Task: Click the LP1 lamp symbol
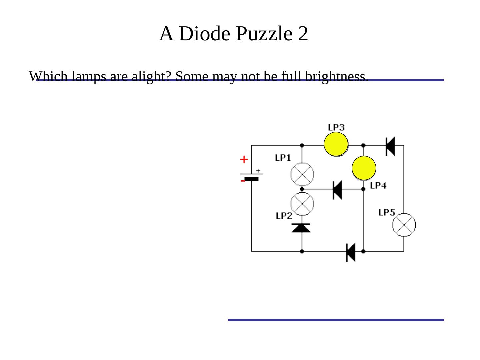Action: [302, 174]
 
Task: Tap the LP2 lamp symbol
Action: [302, 204]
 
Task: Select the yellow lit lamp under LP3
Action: [336, 144]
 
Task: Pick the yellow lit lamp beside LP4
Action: [364, 168]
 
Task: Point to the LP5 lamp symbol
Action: [404, 225]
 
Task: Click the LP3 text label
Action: [336, 127]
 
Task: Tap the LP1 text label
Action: [283, 158]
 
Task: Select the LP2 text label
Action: [284, 216]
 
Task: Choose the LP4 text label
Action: [378, 185]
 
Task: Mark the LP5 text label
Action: [387, 212]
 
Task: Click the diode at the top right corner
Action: [390, 146]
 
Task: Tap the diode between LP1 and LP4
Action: [337, 190]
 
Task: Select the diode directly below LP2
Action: [301, 228]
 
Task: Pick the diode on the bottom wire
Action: [351, 252]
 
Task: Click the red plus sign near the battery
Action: [244, 160]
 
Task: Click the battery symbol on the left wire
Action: [252, 176]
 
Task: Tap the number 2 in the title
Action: [303, 34]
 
